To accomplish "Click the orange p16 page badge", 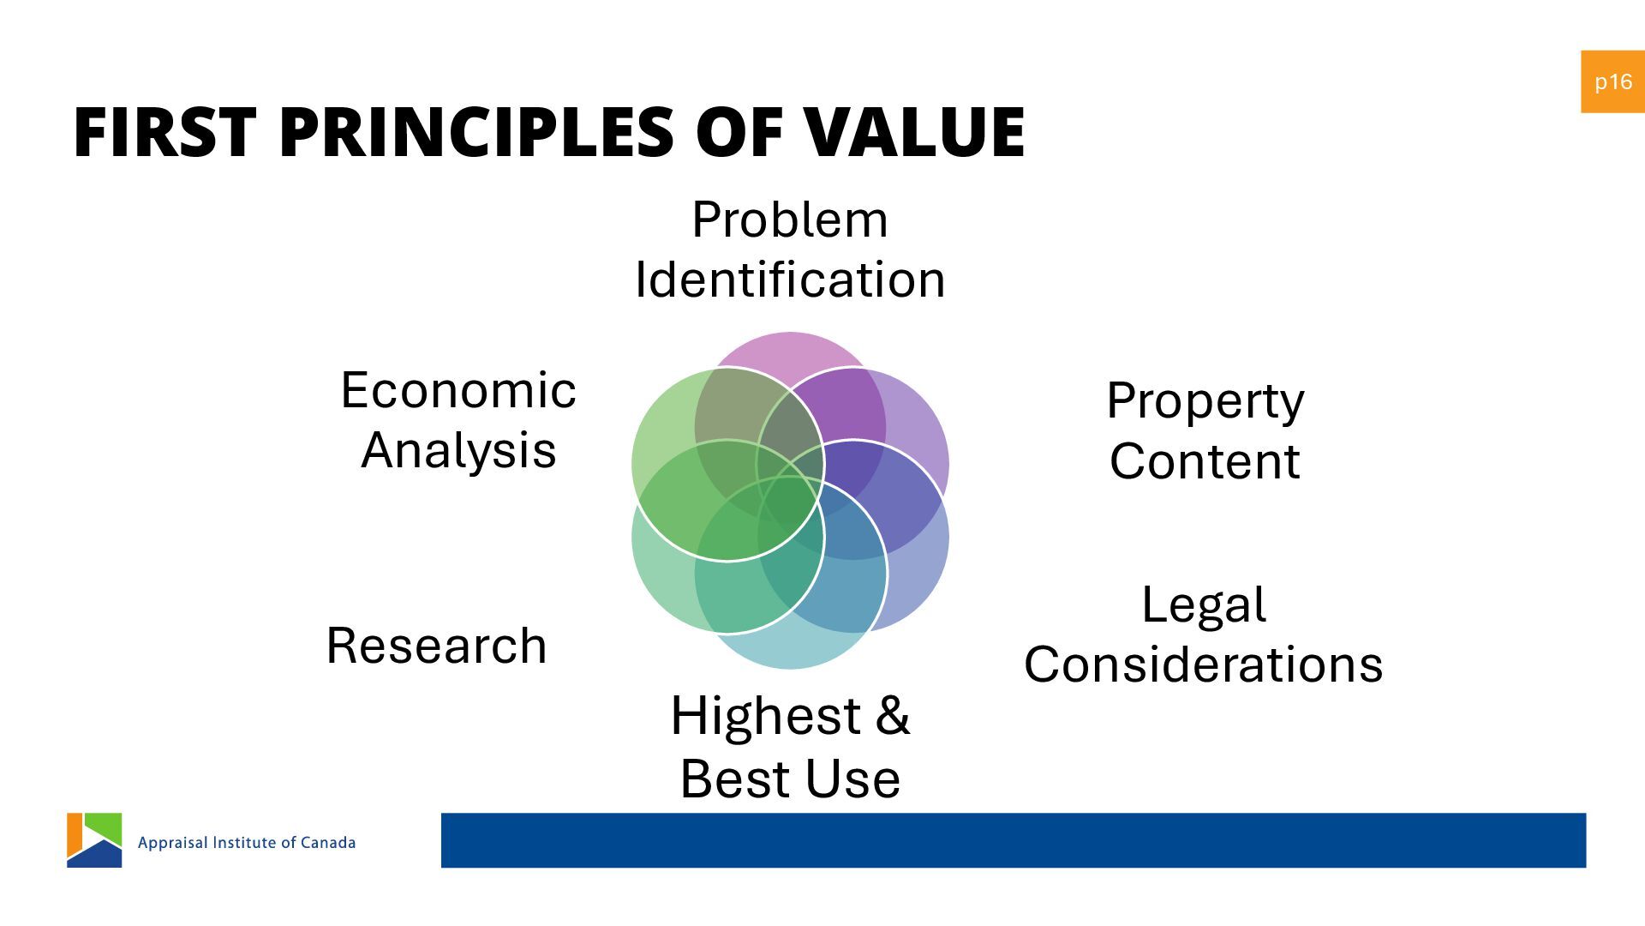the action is coord(1612,81).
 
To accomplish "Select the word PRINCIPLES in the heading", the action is coord(476,133).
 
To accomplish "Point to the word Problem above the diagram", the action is coord(789,219).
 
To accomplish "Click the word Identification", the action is coord(789,280).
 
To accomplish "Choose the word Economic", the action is coord(458,390).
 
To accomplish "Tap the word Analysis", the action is coord(458,450).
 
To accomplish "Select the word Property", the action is coord(1205,401).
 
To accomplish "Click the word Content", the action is coord(1205,461).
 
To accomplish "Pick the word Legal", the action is coord(1204,604).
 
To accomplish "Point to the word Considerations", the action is coord(1204,664).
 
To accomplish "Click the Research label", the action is coord(436,646).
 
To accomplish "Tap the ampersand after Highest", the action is coord(892,715).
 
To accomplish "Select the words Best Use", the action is coord(789,779).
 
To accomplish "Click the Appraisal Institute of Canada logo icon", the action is coord(94,840).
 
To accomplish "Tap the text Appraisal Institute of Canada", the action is coord(247,843).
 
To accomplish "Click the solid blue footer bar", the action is coord(1013,840).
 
